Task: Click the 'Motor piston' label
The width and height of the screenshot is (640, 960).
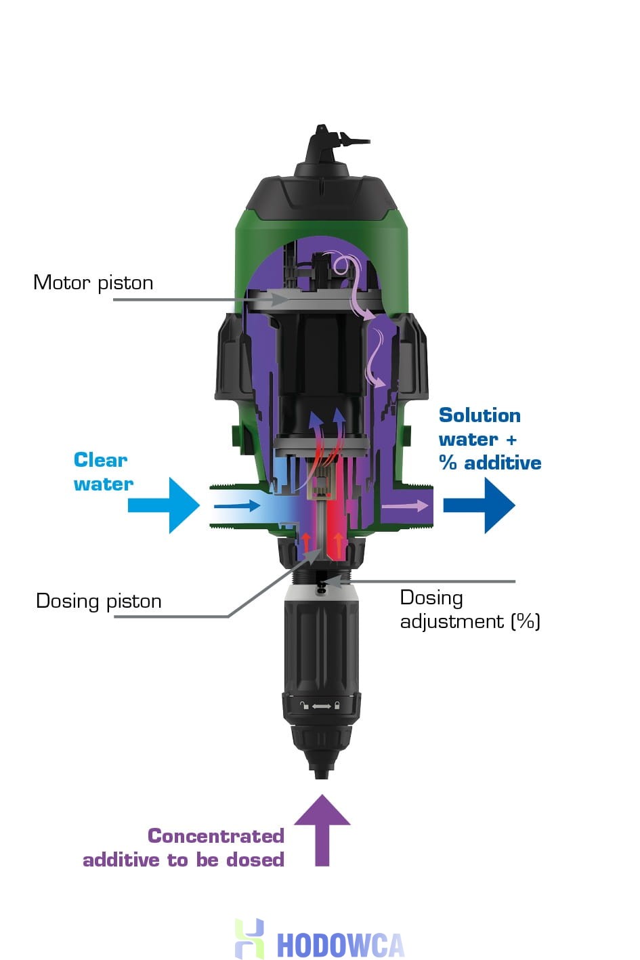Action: coord(93,283)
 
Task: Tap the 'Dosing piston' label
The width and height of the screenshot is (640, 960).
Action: coord(98,601)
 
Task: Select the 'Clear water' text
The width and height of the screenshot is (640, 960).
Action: coord(103,472)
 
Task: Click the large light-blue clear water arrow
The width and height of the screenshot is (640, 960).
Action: coord(164,505)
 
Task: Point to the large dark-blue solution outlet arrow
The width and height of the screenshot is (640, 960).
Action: coord(479,505)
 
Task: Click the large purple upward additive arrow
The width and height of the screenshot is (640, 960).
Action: coord(322,830)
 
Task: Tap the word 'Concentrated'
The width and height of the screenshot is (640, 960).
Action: coord(215,836)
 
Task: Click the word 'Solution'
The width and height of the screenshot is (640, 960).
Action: coord(479,415)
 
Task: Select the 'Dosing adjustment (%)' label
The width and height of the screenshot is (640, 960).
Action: coord(469,609)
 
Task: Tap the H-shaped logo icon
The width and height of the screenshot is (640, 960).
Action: coord(249,938)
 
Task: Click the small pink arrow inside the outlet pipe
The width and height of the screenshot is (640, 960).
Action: coord(405,505)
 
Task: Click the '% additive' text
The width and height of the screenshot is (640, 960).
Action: coord(490,463)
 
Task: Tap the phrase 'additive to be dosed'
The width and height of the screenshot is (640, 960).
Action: coord(183,860)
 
